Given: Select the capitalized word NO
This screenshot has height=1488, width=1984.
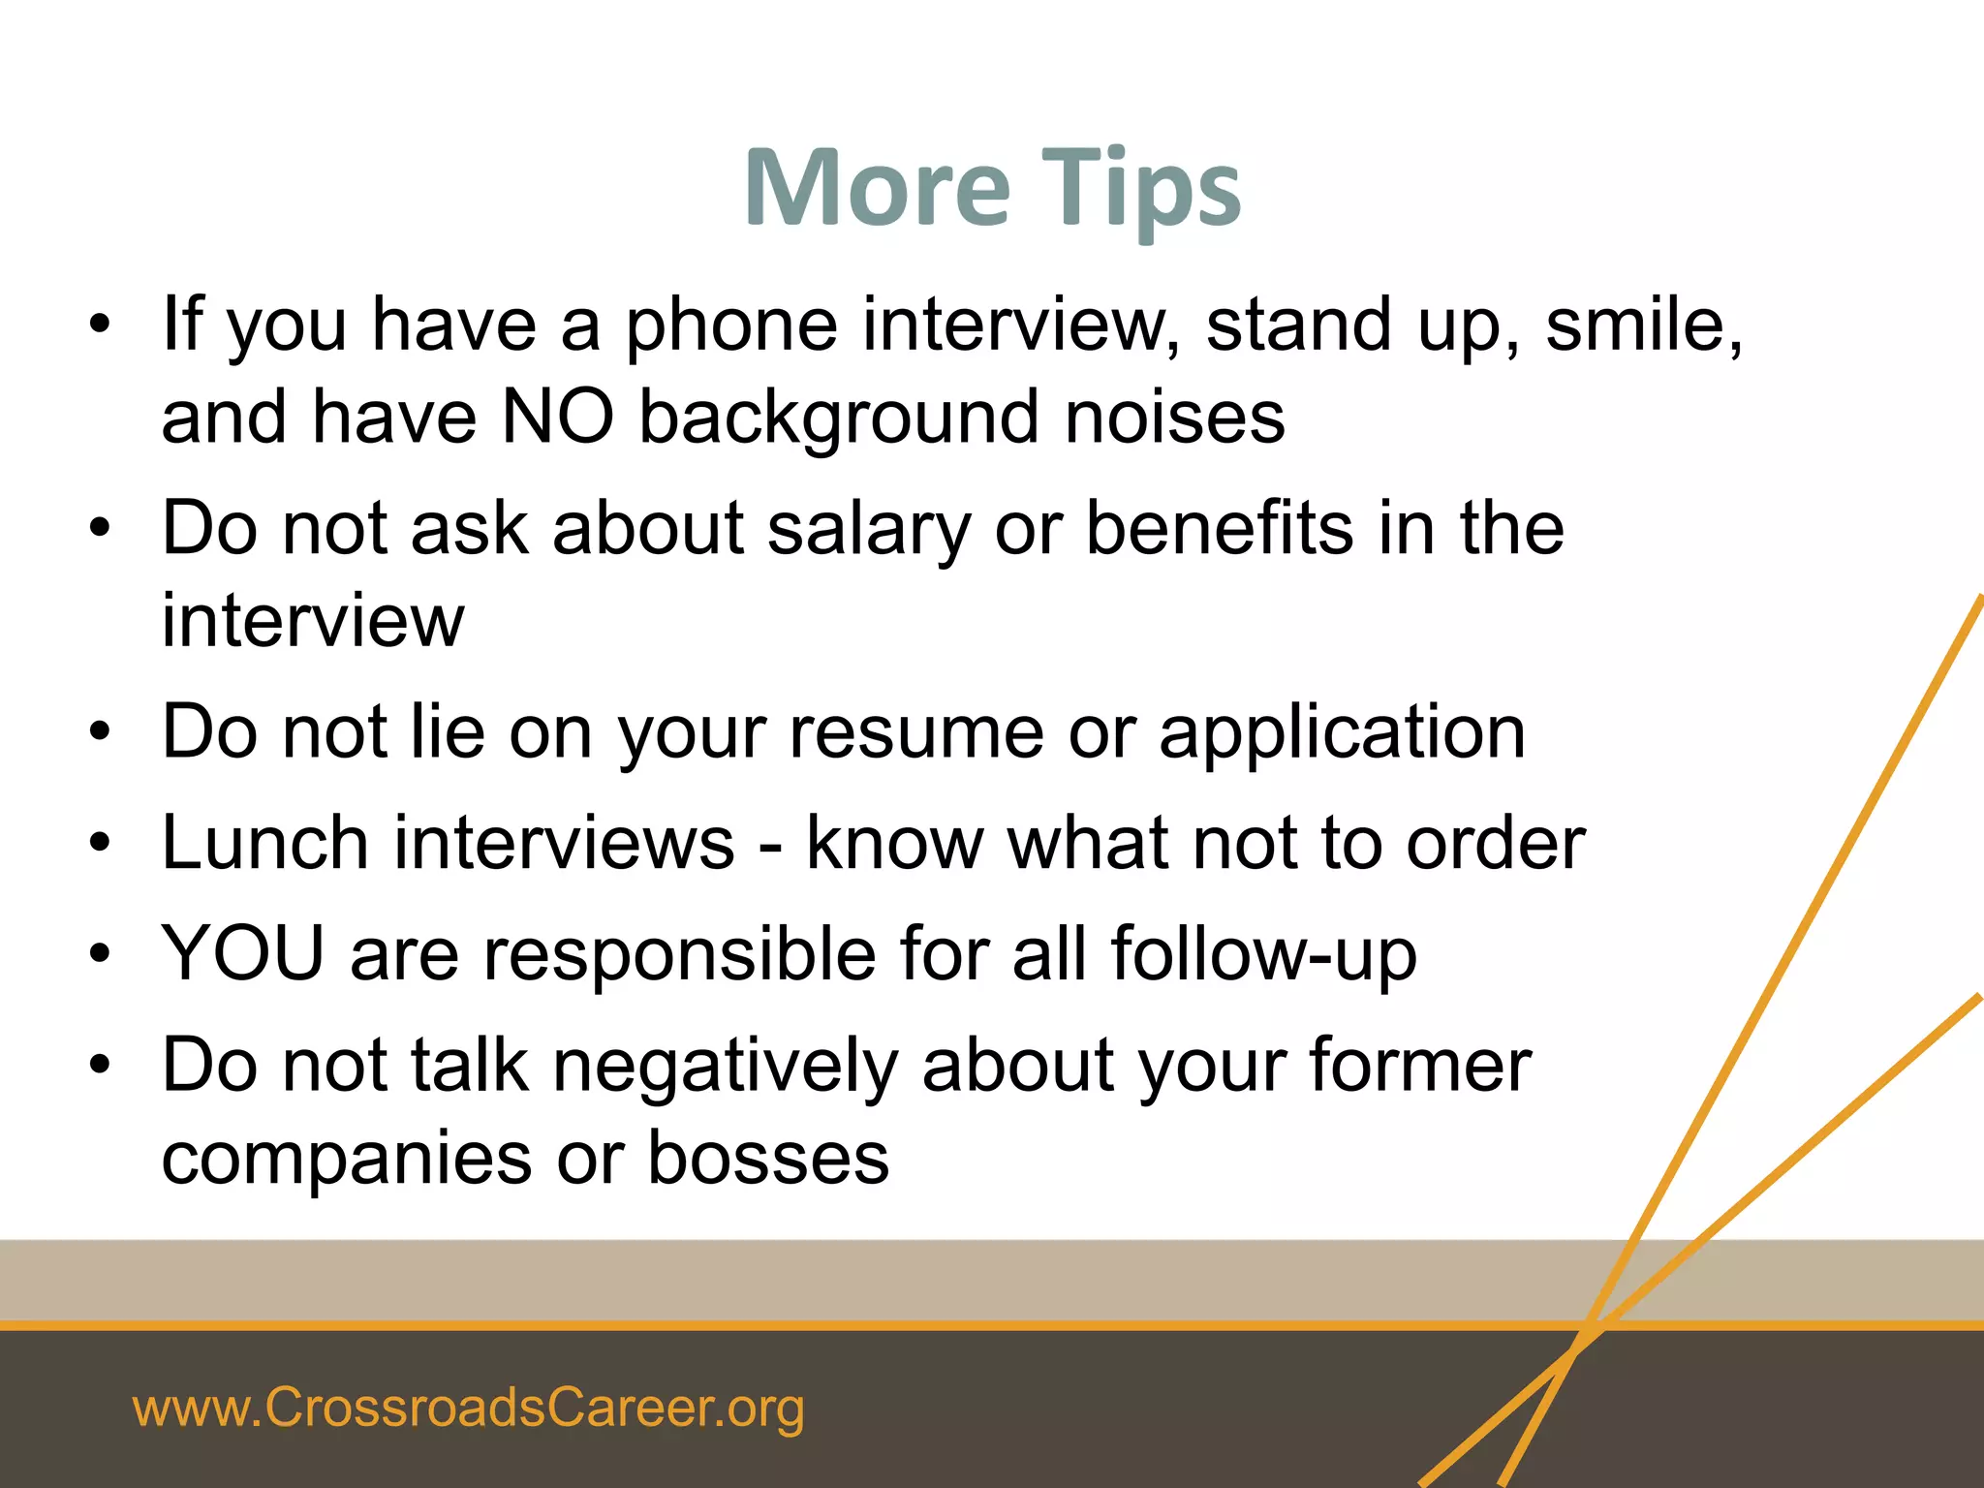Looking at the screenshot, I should [558, 418].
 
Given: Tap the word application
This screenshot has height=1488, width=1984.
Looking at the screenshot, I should [1343, 733].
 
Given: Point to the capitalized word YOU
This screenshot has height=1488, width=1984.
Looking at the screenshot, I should [243, 954].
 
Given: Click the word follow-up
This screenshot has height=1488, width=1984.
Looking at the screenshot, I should [1263, 954].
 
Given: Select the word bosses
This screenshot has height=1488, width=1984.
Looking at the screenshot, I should [768, 1159].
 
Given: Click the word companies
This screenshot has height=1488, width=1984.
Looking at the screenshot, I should [347, 1159].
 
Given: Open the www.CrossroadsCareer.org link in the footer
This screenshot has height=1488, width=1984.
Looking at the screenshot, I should [468, 1408].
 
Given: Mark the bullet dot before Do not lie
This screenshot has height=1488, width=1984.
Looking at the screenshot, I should [100, 734].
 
